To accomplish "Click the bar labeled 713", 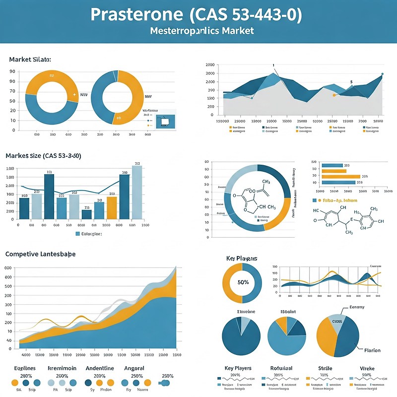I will pos(86,214).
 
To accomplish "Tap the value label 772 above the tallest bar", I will pos(137,164).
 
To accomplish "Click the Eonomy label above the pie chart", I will pos(357,308).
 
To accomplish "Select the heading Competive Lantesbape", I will pos(40,254).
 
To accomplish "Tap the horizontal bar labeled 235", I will pos(341,176).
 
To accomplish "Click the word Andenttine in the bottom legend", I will pos(100,368).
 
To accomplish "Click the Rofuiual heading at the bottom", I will pos(281,368).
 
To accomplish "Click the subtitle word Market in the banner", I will pos(235,31).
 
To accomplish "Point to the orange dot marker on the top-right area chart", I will pos(334,95).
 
